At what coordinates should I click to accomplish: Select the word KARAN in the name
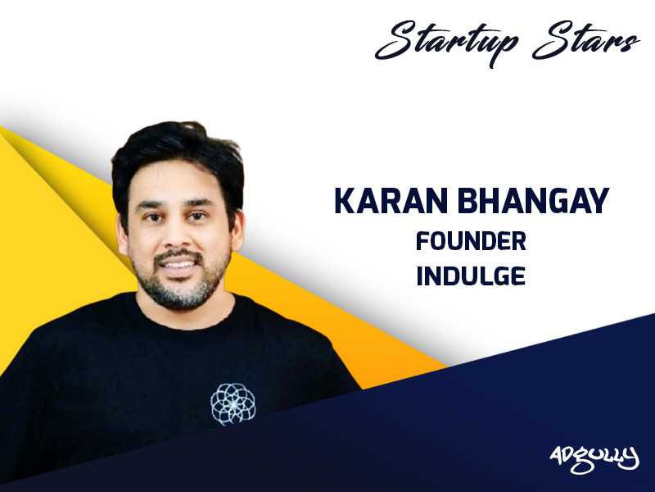click(x=382, y=201)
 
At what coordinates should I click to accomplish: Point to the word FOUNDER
click(x=470, y=242)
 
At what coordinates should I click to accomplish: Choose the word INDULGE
click(x=470, y=276)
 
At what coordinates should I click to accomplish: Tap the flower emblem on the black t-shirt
click(x=233, y=403)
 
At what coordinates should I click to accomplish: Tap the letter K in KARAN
click(x=344, y=201)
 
